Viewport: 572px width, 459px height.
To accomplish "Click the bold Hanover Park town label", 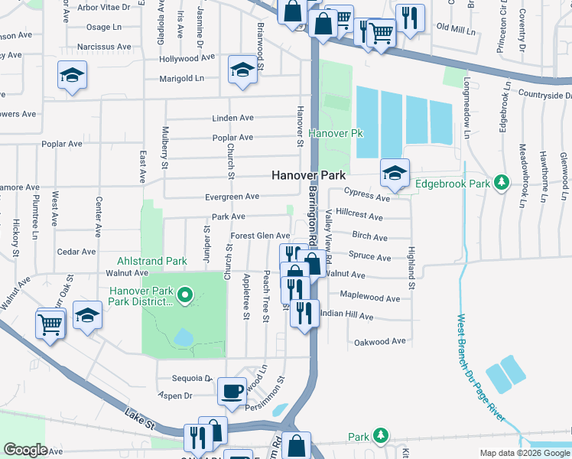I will pyautogui.click(x=309, y=175).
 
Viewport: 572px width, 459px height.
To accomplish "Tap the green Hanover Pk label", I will pyautogui.click(x=335, y=133).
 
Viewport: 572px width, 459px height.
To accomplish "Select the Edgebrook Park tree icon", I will pyautogui.click(x=502, y=183).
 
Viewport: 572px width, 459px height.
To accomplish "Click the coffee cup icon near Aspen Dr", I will pyautogui.click(x=232, y=391).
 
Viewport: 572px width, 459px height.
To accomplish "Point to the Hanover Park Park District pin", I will pyautogui.click(x=184, y=295).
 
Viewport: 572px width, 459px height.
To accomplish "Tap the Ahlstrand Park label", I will pyautogui.click(x=151, y=261).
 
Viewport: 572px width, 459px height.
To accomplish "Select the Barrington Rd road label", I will pyautogui.click(x=313, y=222).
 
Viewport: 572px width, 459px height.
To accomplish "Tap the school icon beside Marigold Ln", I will pyautogui.click(x=242, y=71).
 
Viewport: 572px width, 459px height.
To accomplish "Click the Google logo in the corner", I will pyautogui.click(x=25, y=450).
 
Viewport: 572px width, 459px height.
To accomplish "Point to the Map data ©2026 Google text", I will pyautogui.click(x=524, y=453).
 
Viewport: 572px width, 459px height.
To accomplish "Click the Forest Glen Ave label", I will pyautogui.click(x=260, y=236).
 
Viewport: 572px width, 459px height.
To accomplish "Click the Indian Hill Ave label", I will pyautogui.click(x=346, y=316).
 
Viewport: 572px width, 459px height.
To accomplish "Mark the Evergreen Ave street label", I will pyautogui.click(x=232, y=197).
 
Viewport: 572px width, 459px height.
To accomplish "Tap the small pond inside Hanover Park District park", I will pyautogui.click(x=183, y=337).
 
